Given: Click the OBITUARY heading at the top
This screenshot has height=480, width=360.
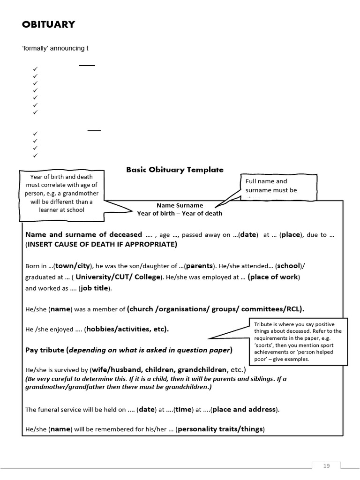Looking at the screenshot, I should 48,25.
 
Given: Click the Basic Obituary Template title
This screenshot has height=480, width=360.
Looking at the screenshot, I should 175,170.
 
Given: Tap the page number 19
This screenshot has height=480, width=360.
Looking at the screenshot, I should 327,465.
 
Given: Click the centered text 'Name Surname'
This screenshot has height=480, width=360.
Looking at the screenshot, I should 180,205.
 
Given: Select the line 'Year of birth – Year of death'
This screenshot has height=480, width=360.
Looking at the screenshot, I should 180,213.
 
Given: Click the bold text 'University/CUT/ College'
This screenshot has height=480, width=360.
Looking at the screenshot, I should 118,277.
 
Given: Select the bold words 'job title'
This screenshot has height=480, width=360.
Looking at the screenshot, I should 94,288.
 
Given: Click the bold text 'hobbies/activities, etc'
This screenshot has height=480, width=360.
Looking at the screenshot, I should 127,329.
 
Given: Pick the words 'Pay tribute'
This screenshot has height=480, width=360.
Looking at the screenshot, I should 45,350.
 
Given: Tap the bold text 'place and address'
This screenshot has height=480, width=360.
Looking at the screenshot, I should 244,409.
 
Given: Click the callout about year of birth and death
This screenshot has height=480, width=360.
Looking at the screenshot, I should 61,193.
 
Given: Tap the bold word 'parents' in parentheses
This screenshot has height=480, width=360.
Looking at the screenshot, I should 200,265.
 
